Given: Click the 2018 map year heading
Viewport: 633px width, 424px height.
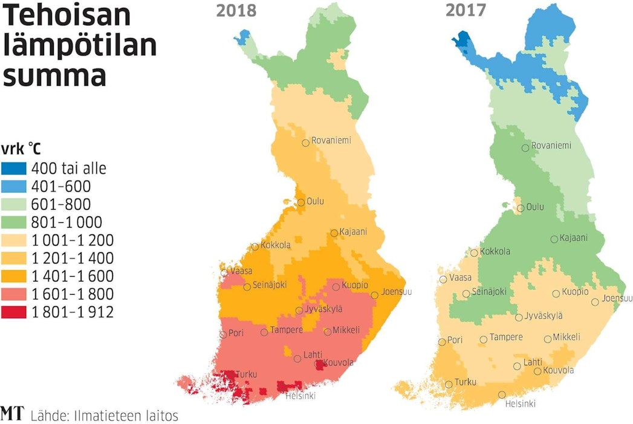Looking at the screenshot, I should click(x=236, y=11).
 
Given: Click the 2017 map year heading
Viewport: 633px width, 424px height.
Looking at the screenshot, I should click(x=466, y=11).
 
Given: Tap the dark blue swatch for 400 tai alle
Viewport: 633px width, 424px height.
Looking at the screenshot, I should click(x=14, y=169).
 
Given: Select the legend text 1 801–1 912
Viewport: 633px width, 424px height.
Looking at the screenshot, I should click(x=72, y=312).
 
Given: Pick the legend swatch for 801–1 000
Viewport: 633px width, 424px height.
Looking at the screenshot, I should click(x=14, y=222).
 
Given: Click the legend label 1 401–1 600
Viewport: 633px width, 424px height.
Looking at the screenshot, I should click(x=72, y=276).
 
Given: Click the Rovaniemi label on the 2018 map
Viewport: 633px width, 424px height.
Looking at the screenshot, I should click(x=331, y=141).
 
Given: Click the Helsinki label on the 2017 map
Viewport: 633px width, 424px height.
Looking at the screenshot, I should click(x=520, y=404).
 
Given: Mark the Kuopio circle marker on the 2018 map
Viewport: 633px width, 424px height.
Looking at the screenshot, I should click(x=336, y=286).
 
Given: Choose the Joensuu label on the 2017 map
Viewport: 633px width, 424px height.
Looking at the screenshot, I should click(x=617, y=298).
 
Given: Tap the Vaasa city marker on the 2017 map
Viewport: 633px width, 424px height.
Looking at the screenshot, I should click(x=444, y=279).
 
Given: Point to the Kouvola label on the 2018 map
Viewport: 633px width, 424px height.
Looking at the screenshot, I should click(x=339, y=363).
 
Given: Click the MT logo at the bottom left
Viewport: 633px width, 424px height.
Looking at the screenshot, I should click(x=11, y=414).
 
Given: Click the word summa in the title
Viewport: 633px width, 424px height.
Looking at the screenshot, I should click(x=54, y=77).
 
